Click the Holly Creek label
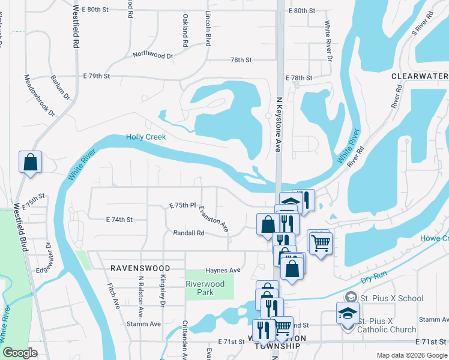tap(146, 137)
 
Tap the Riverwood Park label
tap(205, 289)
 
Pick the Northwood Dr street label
tap(153, 55)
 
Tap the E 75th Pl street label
tap(183, 205)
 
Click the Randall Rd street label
tap(188, 233)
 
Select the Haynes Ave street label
tap(223, 270)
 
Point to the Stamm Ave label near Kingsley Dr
tap(144, 324)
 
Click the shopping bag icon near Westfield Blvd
tap(30, 162)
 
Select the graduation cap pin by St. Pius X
tap(348, 314)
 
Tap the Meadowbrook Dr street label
tap(40, 95)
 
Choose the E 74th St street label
tap(119, 220)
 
